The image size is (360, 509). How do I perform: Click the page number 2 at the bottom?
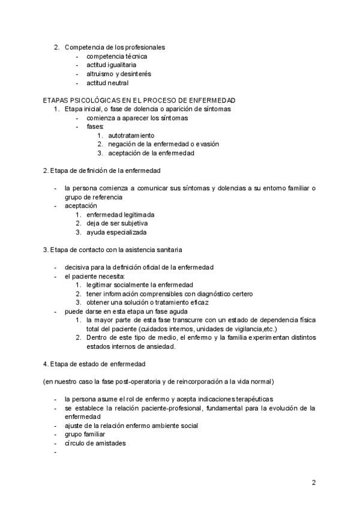click(x=313, y=482)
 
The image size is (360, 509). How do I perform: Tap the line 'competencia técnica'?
click(x=116, y=56)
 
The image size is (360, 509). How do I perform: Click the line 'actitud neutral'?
click(x=107, y=83)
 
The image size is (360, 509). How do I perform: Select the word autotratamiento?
click(x=131, y=136)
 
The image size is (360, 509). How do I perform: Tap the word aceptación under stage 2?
click(x=80, y=205)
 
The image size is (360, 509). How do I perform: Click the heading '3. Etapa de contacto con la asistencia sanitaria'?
click(x=113, y=249)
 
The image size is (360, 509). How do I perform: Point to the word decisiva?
click(x=79, y=267)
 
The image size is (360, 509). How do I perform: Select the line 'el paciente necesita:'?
click(x=95, y=276)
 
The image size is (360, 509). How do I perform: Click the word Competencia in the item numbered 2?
click(x=84, y=47)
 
